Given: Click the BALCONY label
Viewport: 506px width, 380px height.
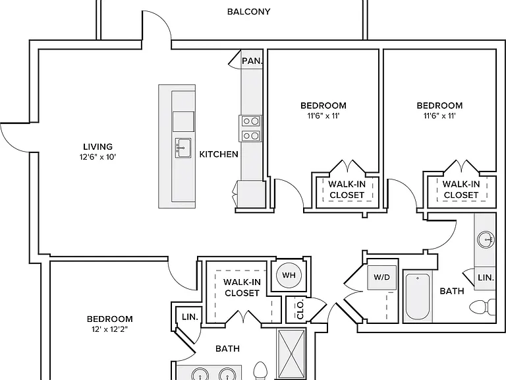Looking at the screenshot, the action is (248, 12).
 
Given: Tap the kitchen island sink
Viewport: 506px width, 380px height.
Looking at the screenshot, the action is (183, 148).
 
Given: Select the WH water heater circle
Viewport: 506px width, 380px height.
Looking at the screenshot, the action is (289, 275).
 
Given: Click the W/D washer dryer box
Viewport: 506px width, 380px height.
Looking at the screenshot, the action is (381, 278).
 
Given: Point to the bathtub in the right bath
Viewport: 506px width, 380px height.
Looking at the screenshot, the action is (418, 296).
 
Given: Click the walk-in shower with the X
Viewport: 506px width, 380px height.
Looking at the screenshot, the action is (291, 354).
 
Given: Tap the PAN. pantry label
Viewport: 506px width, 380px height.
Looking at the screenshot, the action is (253, 61).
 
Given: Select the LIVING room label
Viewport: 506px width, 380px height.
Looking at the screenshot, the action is (98, 146).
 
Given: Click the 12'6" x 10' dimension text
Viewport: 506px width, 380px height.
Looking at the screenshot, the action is (98, 157).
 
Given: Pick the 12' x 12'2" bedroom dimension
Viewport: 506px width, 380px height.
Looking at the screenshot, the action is (110, 329).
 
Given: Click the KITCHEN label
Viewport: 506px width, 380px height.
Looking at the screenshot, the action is (219, 154).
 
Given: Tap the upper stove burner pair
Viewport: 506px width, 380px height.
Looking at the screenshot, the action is (251, 121).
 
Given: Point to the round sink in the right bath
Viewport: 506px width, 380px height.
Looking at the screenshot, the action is (486, 239).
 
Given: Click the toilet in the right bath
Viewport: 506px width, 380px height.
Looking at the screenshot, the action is (482, 306).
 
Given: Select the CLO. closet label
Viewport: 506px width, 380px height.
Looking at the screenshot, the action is (300, 309).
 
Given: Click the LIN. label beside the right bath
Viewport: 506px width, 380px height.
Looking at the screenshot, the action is (486, 278).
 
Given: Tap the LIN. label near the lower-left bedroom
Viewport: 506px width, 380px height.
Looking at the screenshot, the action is (190, 317).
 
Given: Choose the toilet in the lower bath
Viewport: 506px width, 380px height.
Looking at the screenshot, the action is (260, 371).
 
